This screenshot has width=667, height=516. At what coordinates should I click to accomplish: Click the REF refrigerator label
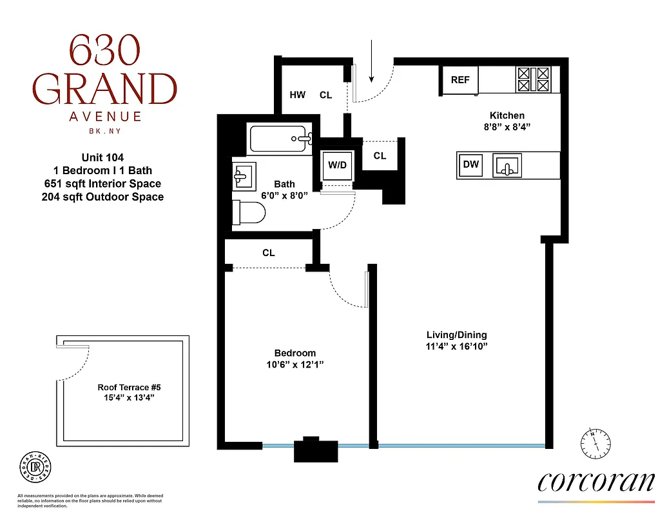click(x=460, y=80)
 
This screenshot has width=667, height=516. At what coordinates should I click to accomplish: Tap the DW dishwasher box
click(x=471, y=164)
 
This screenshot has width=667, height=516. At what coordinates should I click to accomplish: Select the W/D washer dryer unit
click(x=337, y=165)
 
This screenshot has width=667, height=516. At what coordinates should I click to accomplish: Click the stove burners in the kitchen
click(x=534, y=80)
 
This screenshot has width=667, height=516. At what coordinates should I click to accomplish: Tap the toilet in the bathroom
click(x=250, y=212)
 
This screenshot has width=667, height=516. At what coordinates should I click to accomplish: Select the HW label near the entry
click(x=297, y=95)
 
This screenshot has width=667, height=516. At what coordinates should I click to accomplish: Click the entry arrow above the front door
click(x=372, y=62)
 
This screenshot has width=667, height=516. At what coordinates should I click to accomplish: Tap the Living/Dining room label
click(x=456, y=335)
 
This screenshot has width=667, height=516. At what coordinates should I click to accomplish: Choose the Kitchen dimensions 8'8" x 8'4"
click(x=507, y=128)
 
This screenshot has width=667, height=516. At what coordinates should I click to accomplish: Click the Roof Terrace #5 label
click(x=128, y=387)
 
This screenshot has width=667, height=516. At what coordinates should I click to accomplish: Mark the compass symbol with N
click(x=597, y=441)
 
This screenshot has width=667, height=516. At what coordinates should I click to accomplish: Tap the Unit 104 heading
click(x=102, y=157)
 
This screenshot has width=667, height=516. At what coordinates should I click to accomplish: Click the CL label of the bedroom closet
click(x=269, y=253)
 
